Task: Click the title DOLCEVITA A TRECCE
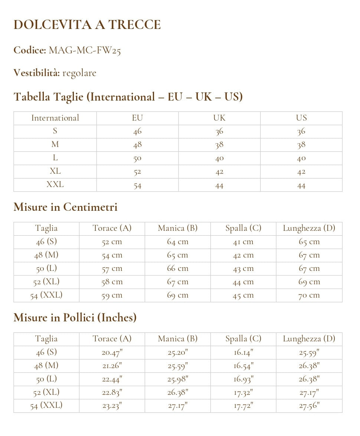coord(87,25)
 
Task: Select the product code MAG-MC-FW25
coord(85,50)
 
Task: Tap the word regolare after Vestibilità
coord(79,73)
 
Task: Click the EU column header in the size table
coord(137,118)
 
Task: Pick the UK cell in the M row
coord(219,145)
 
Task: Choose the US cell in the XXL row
coord(301,185)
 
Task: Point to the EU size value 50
coord(137,158)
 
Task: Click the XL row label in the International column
coord(55,171)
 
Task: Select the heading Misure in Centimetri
coord(65,207)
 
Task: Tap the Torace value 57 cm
coord(112,269)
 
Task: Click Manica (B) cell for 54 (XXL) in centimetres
coord(177,295)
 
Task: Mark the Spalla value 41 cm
coord(243,242)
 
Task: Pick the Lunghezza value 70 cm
coord(309,295)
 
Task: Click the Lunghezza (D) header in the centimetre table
coord(309,228)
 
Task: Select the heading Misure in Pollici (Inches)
coord(75,318)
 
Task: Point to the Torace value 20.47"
coord(112,353)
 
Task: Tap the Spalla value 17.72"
coord(243,406)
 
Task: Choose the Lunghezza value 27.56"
coord(309,406)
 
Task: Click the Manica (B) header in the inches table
coord(177,339)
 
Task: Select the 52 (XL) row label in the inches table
coord(46,392)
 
